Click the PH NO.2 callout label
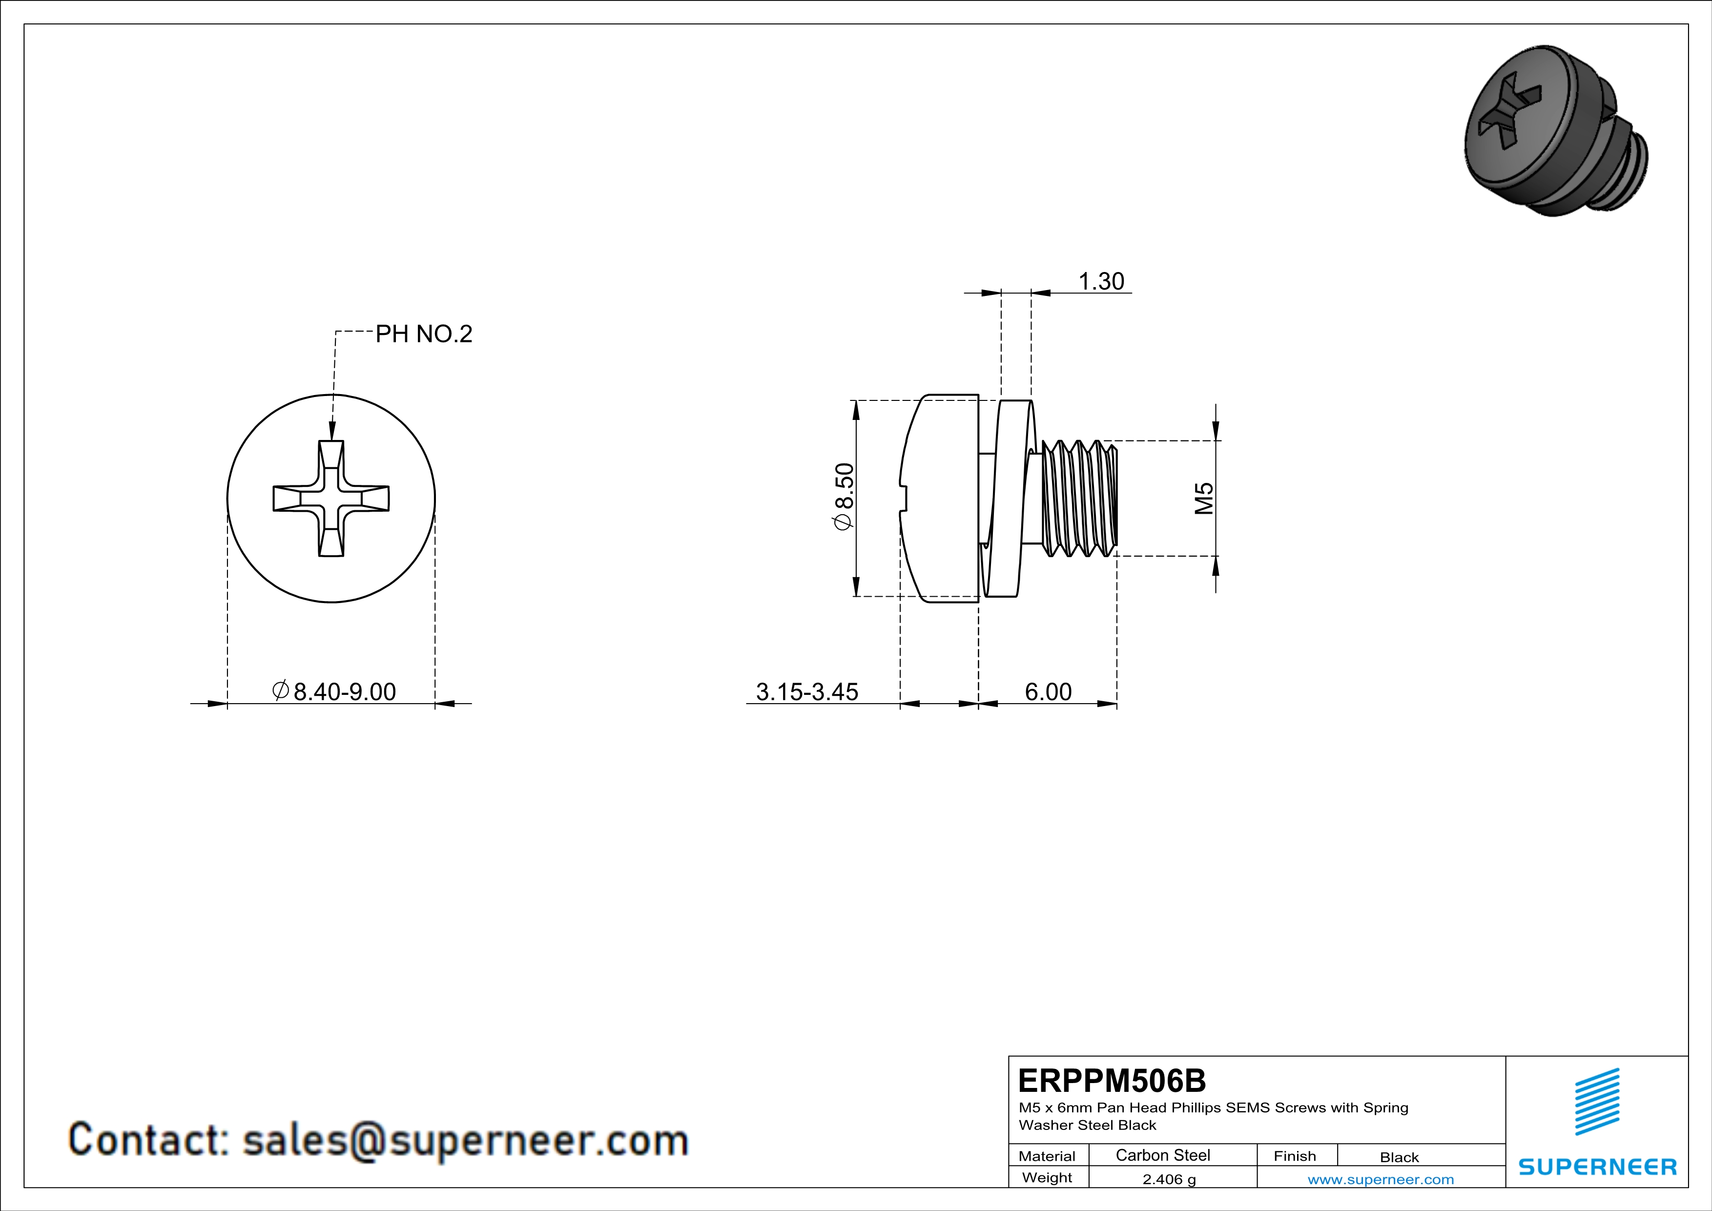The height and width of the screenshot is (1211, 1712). click(x=424, y=334)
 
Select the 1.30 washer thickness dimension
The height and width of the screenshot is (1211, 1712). click(x=1101, y=281)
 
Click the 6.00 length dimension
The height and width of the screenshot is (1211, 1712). click(x=1048, y=692)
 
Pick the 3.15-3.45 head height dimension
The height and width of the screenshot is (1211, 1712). click(x=807, y=692)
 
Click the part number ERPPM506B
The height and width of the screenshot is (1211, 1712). click(x=1112, y=1081)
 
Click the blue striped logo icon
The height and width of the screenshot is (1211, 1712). click(x=1597, y=1102)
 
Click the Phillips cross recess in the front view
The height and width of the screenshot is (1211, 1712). click(x=331, y=498)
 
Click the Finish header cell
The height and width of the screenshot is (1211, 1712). click(x=1295, y=1156)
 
